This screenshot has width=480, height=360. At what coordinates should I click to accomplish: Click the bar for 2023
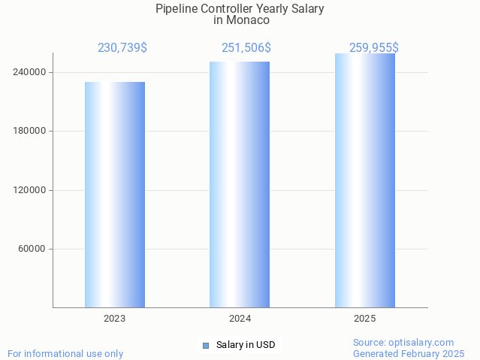tap(115, 195)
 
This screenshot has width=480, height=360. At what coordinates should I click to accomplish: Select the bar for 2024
tap(240, 184)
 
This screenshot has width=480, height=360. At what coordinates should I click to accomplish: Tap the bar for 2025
tap(365, 180)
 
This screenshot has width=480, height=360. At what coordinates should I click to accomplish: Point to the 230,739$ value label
tap(122, 47)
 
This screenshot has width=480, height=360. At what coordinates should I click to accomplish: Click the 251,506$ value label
tap(246, 47)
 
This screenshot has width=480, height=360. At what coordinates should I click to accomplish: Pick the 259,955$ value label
tap(373, 47)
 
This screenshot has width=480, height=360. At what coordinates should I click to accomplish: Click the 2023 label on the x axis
tap(115, 319)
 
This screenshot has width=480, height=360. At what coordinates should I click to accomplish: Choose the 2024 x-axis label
tap(240, 319)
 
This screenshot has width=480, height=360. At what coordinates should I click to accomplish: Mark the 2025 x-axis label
tap(365, 319)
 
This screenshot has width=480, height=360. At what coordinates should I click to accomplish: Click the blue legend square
tap(205, 346)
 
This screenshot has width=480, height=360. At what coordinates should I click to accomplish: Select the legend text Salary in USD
tap(246, 345)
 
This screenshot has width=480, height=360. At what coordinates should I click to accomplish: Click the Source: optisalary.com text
tap(403, 342)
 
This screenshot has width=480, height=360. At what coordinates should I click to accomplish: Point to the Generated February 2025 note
tap(409, 353)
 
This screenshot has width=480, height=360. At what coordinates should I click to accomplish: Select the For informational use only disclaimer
tap(65, 353)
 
